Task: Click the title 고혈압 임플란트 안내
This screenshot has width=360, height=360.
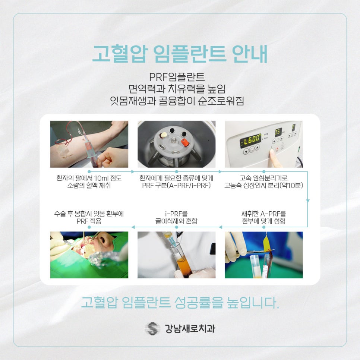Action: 180,54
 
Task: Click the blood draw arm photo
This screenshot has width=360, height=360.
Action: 89,144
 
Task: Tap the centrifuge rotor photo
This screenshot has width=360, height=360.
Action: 176,144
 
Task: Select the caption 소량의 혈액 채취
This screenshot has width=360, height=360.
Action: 89,186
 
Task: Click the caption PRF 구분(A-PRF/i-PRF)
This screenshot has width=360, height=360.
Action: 176,186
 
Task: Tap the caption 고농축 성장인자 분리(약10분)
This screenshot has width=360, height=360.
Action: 263,186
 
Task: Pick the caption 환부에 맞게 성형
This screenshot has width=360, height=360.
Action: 263,221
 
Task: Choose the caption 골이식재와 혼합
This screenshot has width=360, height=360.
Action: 176,221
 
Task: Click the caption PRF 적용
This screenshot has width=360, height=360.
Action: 89,221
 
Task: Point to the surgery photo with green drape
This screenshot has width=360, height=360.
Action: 89,255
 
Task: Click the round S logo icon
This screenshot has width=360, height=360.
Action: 152,328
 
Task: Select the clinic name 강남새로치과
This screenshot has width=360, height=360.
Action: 190,329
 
